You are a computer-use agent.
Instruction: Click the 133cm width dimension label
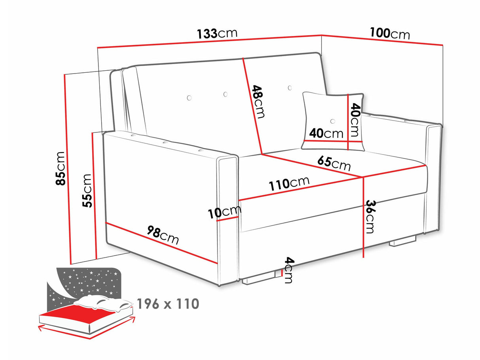click(x=217, y=34)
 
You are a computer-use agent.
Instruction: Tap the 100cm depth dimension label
click(x=390, y=33)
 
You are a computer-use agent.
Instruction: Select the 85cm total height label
click(x=60, y=168)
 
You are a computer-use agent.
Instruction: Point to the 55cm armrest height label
click(x=87, y=190)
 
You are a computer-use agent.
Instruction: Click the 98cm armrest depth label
click(x=163, y=235)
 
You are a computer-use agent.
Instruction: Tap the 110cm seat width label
click(x=289, y=183)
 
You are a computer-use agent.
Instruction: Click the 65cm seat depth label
click(x=334, y=163)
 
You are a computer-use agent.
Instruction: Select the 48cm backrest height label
click(x=258, y=102)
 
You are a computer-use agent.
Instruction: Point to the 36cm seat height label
click(x=370, y=217)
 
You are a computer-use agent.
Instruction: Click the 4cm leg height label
click(x=289, y=270)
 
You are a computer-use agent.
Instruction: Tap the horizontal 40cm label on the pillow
click(x=326, y=133)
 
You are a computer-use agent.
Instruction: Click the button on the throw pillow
click(x=333, y=121)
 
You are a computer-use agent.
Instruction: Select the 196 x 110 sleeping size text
click(x=168, y=303)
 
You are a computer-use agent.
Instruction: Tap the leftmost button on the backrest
click(x=189, y=98)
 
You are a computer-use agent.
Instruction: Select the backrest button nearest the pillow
click(x=290, y=88)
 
